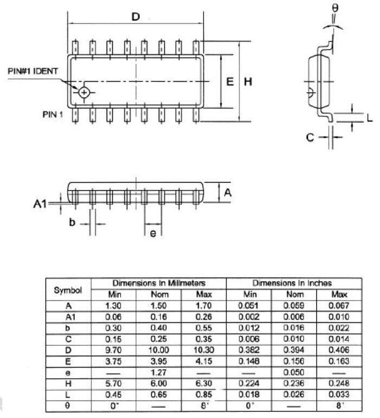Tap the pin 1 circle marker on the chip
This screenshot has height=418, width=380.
coord(84,92)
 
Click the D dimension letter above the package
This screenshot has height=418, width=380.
coord(136,17)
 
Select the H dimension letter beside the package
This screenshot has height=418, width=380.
coord(248,82)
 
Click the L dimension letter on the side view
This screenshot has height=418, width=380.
coord(370,118)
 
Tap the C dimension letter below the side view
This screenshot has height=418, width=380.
coord(310,137)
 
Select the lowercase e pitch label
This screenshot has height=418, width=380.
coord(153,233)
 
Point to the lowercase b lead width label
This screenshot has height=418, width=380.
coord(72,223)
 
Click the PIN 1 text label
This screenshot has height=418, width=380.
coord(53,115)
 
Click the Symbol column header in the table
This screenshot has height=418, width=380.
coord(68,290)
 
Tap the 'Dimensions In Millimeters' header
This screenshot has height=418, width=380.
coord(159,283)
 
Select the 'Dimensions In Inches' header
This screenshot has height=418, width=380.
coord(292,283)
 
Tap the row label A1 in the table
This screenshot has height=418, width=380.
coord(68,316)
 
